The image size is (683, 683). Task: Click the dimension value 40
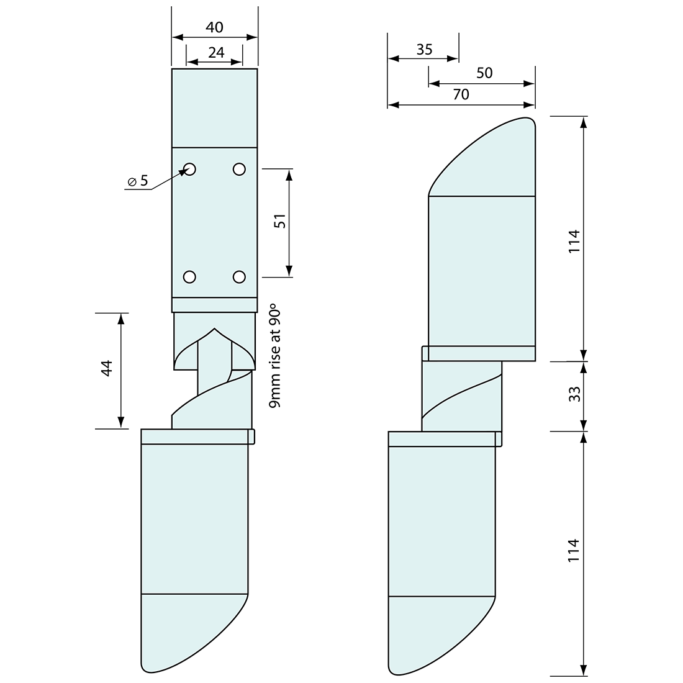point(214,27)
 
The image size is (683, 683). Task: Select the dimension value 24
point(215,53)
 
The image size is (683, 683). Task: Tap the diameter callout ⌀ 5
point(138,181)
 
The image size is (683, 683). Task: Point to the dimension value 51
point(280,222)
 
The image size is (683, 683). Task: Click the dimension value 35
point(424,50)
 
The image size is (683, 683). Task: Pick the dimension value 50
point(484,73)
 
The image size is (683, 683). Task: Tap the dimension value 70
point(461,94)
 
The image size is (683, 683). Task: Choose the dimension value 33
point(574,394)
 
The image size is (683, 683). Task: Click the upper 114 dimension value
point(574,241)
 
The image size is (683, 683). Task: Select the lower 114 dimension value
point(574,551)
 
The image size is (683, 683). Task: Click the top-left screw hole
point(190,168)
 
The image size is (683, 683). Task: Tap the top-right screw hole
point(239,168)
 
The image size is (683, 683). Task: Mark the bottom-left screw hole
point(190,276)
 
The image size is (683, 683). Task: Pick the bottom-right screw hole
point(239,276)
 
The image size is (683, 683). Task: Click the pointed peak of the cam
point(214,329)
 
